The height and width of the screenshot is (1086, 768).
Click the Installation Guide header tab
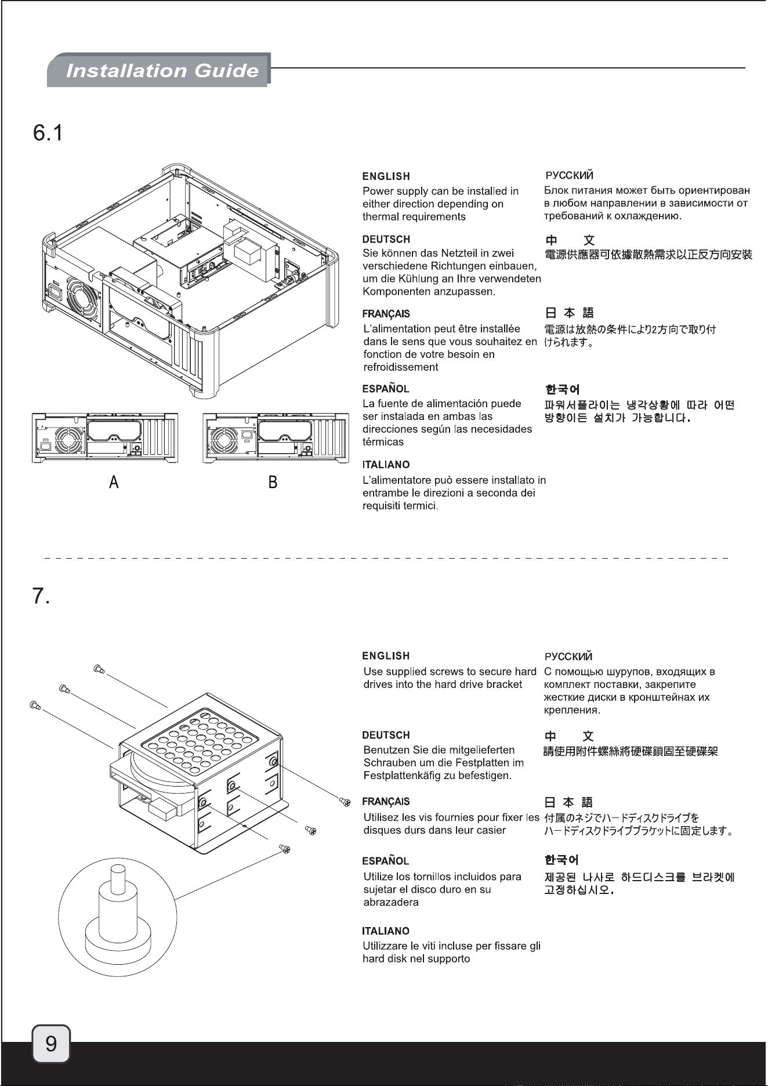[158, 70]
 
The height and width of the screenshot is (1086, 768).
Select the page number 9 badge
[51, 1044]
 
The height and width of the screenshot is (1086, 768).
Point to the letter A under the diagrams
[114, 482]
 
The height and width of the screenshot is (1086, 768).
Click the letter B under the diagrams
[273, 482]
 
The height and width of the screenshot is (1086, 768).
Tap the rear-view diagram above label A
[105, 438]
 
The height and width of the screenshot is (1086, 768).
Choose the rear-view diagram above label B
[276, 438]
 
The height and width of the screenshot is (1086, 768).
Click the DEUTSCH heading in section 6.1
[386, 239]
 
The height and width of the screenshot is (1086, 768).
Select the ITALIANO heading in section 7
[386, 931]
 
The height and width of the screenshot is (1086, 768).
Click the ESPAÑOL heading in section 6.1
[386, 388]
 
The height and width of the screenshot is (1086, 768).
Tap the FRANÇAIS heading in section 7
[386, 802]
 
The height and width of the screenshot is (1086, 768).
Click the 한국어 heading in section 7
[561, 860]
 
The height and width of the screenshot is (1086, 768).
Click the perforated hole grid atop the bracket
[199, 747]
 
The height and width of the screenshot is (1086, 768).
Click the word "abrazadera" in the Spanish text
[391, 903]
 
